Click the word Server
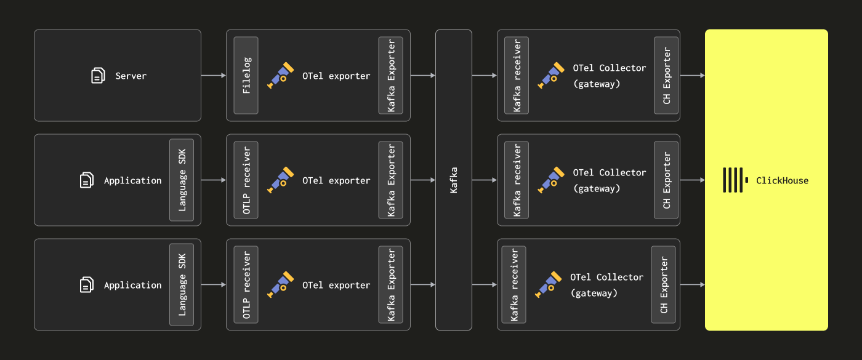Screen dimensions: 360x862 [x=131, y=76]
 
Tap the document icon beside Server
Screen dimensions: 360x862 [x=98, y=76]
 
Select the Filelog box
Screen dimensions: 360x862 [x=246, y=76]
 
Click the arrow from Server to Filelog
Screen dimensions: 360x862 [x=214, y=76]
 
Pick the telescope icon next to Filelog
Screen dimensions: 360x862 [x=280, y=75]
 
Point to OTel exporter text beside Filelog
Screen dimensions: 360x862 [x=336, y=76]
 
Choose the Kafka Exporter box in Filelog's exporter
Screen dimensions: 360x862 [x=391, y=76]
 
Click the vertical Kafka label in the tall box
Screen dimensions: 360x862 [x=454, y=180]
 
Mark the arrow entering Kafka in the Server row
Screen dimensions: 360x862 [x=423, y=76]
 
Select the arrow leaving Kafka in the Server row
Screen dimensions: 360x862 [x=485, y=76]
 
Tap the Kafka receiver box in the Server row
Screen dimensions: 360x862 [x=517, y=76]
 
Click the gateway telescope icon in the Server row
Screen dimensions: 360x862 [x=550, y=75]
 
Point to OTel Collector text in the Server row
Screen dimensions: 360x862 [x=609, y=68]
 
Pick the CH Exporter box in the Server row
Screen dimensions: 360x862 [x=666, y=76]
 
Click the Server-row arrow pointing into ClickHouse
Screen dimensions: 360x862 [x=693, y=76]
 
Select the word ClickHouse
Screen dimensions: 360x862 [x=782, y=181]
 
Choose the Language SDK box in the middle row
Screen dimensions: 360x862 [x=182, y=180]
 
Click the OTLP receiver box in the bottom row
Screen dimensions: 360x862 [x=246, y=285]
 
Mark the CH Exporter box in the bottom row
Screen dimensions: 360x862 [x=664, y=285]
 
